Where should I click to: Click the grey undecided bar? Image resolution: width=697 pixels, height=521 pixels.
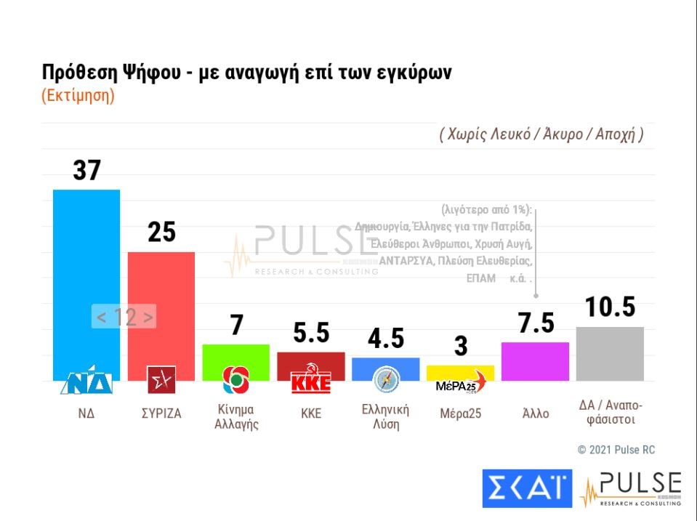point(610,353)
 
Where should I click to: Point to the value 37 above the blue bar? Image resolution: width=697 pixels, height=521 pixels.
point(86,170)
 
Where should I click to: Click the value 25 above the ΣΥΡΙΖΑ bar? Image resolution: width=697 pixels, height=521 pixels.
point(161,232)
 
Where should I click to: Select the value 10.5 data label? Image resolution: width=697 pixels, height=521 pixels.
point(610,307)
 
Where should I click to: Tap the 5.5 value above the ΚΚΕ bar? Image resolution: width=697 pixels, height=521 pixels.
point(310,333)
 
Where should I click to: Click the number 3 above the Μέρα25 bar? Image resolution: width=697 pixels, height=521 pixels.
point(460,347)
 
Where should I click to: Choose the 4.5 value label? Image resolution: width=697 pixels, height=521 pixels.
point(385,339)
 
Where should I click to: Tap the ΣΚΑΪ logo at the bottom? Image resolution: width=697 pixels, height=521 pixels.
point(527,488)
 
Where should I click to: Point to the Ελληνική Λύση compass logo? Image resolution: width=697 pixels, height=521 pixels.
point(385,380)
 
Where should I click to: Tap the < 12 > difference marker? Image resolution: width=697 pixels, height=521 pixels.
point(124,317)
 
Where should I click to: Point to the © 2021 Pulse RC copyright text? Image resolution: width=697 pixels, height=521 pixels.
point(616,450)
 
